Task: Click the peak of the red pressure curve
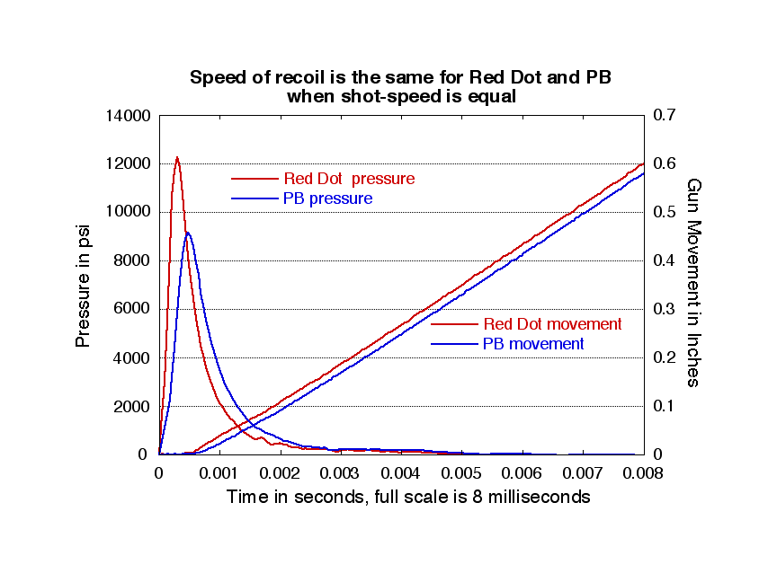[x=177, y=157]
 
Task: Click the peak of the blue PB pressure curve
[x=187, y=233]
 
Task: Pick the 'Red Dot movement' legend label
[x=552, y=324]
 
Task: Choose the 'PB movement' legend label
[x=533, y=344]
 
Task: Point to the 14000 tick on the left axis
[x=127, y=116]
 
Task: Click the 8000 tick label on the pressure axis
[x=131, y=261]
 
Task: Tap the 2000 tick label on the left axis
[x=131, y=407]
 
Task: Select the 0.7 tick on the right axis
[x=664, y=116]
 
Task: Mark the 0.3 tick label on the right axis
[x=664, y=310]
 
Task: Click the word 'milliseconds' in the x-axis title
[x=538, y=497]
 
